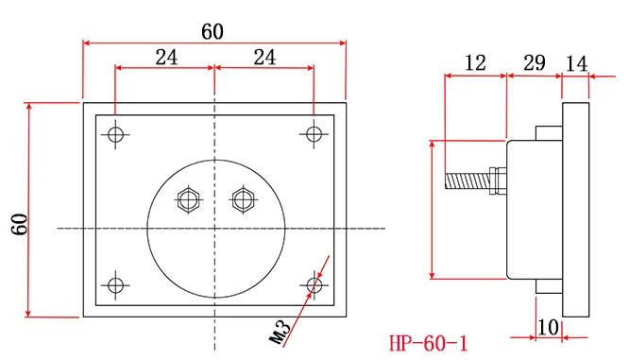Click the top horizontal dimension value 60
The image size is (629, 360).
pos(212,31)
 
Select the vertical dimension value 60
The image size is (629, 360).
pos(19,224)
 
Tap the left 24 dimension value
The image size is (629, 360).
pos(166,58)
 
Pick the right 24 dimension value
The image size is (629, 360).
pos(264,58)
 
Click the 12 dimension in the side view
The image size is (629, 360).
pos(475,63)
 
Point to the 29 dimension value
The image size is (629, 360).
pos(535,62)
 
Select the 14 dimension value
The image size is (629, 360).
pos(576,64)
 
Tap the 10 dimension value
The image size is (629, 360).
pos(548,327)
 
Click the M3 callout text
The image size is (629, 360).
pos(280,333)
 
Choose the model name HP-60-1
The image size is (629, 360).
pos(429,344)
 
